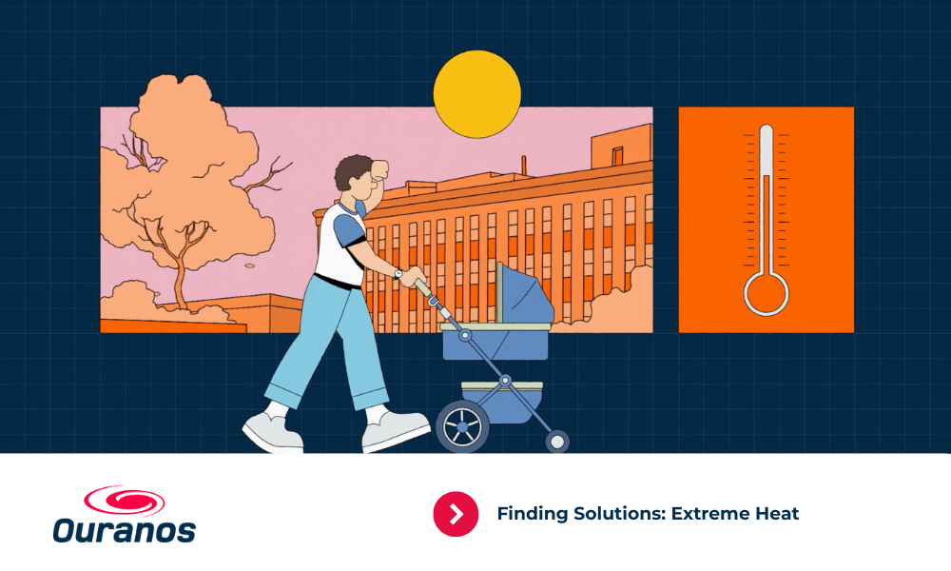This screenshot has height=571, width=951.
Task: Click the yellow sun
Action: (x=476, y=94)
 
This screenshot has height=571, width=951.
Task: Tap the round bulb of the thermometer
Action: (x=766, y=294)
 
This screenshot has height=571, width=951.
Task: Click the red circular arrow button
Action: (x=456, y=514)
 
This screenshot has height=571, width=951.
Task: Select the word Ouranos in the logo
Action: (x=125, y=530)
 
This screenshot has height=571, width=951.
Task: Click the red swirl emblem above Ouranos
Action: (x=125, y=501)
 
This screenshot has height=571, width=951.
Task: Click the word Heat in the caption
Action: (x=777, y=514)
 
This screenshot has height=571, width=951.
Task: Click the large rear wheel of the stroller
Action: (x=462, y=426)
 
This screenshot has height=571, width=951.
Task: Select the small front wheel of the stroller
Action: (x=556, y=442)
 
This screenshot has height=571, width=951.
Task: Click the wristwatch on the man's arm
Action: (x=398, y=274)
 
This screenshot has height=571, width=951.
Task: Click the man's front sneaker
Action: (x=396, y=429)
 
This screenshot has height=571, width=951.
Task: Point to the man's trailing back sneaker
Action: (x=272, y=432)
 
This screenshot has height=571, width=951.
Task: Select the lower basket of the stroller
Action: (x=501, y=401)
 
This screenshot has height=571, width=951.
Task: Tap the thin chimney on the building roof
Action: (x=523, y=165)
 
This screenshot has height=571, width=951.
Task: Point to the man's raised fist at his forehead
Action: (x=381, y=170)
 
